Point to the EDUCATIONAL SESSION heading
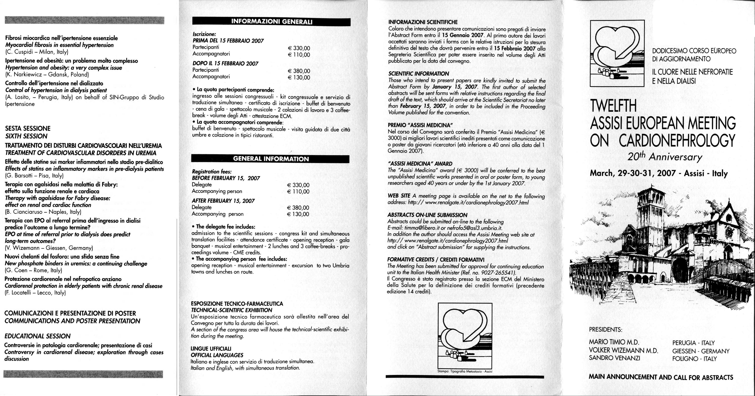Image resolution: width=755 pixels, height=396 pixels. (38, 336)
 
